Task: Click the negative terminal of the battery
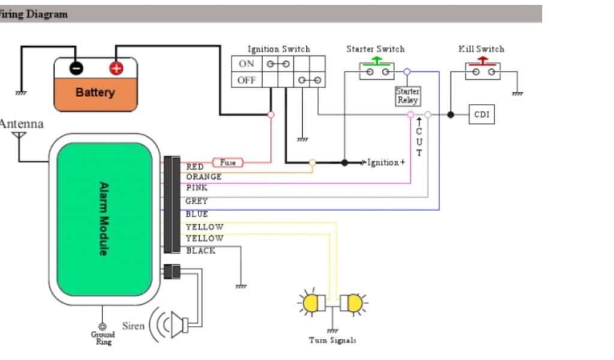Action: coord(76,68)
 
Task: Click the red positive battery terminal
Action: coord(116,68)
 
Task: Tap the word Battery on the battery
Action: coord(95,92)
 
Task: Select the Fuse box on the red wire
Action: coord(228,163)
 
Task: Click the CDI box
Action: coord(481,114)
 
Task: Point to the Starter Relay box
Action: coord(408,96)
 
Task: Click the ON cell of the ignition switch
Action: coord(246,64)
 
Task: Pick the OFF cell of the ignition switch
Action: coord(246,80)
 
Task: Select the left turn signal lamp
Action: coord(312,304)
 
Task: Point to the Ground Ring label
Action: coord(103,338)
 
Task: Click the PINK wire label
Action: coord(197,188)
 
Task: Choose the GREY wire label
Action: coord(197,201)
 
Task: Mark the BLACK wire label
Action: coord(200,251)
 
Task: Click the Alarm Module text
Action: coord(103,218)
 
